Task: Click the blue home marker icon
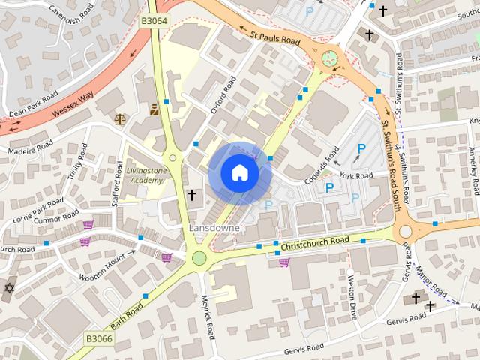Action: click(x=239, y=173)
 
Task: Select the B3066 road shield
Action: click(x=98, y=338)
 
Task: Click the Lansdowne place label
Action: click(x=214, y=227)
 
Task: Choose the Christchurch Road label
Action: click(x=315, y=243)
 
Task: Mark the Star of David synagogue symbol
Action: click(x=10, y=289)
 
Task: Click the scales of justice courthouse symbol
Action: click(x=120, y=118)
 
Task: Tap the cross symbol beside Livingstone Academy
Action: click(x=191, y=196)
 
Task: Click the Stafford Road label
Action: click(x=117, y=177)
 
